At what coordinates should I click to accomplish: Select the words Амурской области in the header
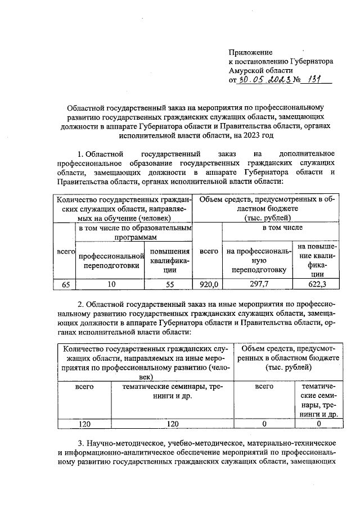click(x=260, y=70)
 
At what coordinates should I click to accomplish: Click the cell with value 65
click(x=65, y=284)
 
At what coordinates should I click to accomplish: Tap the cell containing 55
click(x=168, y=284)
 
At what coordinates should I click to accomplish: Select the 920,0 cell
click(x=208, y=284)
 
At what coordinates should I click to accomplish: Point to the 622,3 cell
click(x=318, y=284)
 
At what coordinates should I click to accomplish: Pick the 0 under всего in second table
click(x=264, y=423)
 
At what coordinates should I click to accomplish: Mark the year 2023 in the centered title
click(x=248, y=135)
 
